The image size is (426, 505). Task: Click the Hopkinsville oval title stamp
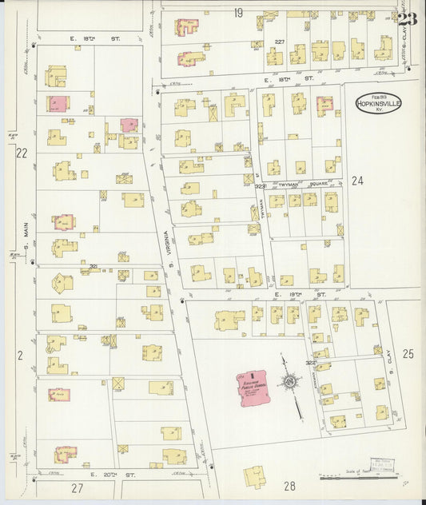(x=379, y=105)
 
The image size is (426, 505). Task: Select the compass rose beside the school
(x=289, y=386)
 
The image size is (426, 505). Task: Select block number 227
(x=280, y=42)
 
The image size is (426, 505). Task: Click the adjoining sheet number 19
(x=238, y=13)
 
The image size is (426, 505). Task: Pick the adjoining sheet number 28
(x=289, y=485)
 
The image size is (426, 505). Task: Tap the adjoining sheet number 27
(x=77, y=487)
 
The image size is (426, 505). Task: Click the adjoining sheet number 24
(x=356, y=181)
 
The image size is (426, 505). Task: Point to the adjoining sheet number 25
(x=408, y=353)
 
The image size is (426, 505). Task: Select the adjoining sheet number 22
(x=22, y=153)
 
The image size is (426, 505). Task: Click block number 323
(x=260, y=186)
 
